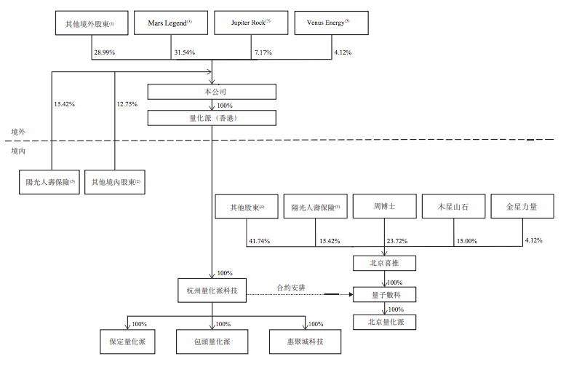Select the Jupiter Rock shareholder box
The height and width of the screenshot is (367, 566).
click(251, 23)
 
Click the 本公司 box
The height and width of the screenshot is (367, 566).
click(211, 92)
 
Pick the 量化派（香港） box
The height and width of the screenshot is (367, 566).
click(211, 118)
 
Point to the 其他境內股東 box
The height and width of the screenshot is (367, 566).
click(114, 182)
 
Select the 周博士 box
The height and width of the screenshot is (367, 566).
click(383, 207)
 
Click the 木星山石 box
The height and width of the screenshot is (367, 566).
click(453, 207)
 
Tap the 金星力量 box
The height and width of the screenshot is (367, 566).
click(522, 207)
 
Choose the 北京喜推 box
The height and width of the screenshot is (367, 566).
click(383, 264)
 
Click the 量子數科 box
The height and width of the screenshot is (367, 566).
click(383, 294)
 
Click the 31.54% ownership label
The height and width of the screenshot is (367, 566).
click(186, 53)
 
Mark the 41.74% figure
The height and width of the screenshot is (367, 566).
click(258, 241)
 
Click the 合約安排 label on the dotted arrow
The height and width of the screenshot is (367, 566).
click(290, 288)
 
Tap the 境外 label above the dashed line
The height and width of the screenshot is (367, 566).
click(18, 132)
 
